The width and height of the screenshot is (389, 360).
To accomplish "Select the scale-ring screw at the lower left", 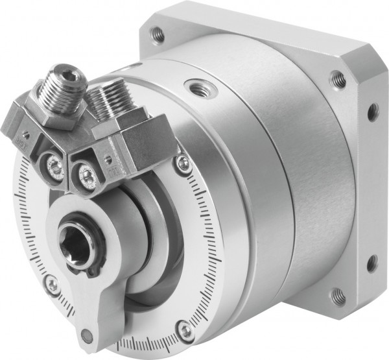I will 53,283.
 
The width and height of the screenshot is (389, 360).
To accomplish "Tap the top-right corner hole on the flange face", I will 337,79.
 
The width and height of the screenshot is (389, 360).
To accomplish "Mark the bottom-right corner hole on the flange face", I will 337,296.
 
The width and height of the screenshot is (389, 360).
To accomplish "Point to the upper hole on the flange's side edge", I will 373,112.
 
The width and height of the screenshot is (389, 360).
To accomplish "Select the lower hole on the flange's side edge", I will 371,262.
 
